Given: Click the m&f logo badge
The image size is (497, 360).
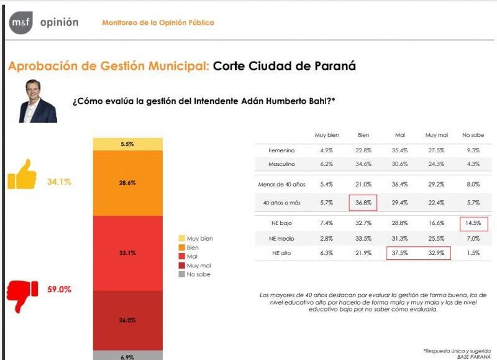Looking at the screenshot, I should click(x=21, y=23).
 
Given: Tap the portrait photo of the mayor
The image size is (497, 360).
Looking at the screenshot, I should click(x=38, y=101).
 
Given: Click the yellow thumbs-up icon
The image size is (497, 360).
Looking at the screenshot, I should click(x=22, y=175).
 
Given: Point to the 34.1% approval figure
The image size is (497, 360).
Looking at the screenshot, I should click(x=59, y=182).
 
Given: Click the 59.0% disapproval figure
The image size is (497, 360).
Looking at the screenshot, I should click(x=59, y=289).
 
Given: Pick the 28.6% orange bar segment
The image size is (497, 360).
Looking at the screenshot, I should click(x=127, y=183).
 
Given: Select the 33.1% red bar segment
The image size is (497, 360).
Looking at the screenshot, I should click(x=127, y=253).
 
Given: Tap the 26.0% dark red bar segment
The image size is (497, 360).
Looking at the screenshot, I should click(x=127, y=320).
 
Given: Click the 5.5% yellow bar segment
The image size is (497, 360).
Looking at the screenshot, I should click(x=127, y=144).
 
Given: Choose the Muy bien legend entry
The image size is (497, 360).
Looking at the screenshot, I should click(x=196, y=238).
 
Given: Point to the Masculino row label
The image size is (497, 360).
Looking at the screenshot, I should click(x=281, y=164).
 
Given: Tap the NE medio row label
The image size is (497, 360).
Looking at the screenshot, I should click(x=281, y=238).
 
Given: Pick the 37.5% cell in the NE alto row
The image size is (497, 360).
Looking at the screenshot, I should click(x=400, y=252).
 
